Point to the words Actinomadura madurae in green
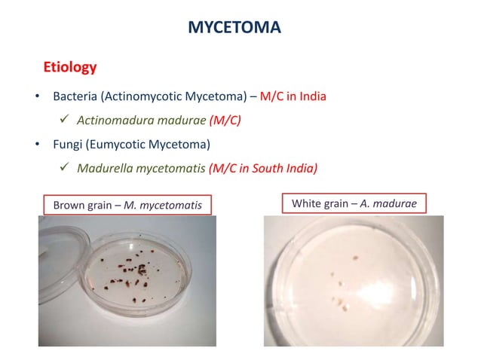coord(141,120)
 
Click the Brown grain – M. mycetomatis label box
coord(126,203)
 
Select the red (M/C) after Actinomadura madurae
coord(225,120)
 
